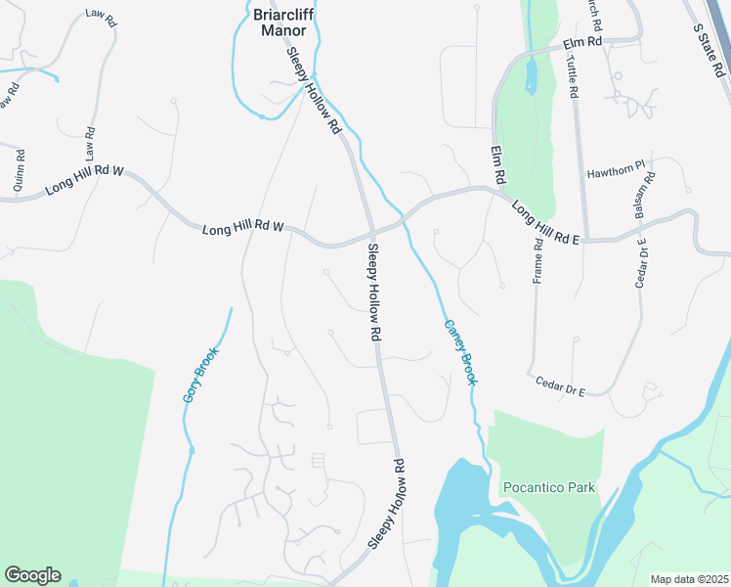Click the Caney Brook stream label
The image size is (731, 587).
[x=459, y=351]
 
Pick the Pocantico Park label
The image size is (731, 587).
[x=548, y=487]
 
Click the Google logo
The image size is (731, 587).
[x=33, y=575]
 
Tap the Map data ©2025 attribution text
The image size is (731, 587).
[x=689, y=579]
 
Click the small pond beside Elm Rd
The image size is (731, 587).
[x=531, y=76]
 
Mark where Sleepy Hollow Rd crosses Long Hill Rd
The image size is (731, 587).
[x=371, y=235]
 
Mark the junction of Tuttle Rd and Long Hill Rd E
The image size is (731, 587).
[x=586, y=238]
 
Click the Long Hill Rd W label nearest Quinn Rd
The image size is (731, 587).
[x=85, y=184]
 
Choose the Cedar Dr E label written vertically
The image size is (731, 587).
[x=642, y=263]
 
